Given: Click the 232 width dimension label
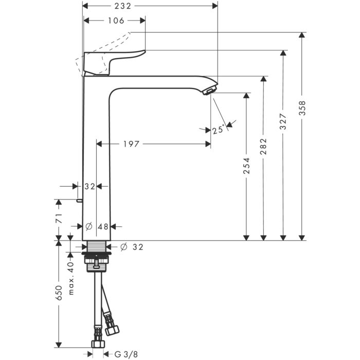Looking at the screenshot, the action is [x=123, y=6].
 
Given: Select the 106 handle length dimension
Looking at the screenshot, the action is [x=116, y=21].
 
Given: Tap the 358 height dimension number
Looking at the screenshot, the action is [x=302, y=108].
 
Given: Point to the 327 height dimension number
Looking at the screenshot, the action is [x=283, y=121].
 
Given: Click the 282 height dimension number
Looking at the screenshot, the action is [x=263, y=146].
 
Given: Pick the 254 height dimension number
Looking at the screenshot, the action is [x=246, y=165].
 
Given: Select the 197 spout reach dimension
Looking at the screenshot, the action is [x=131, y=144].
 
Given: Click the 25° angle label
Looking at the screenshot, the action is [x=219, y=130].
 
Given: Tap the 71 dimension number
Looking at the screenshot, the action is [x=59, y=218].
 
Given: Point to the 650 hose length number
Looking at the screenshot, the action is [x=59, y=293].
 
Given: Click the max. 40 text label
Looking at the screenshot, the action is [x=71, y=278].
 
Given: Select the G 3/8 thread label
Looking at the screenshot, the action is [x=126, y=354].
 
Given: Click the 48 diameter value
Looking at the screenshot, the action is [x=103, y=227].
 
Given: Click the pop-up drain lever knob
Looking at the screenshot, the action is [x=79, y=201].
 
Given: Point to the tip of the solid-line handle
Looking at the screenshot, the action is [x=145, y=51].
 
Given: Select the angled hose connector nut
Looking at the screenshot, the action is [x=112, y=330].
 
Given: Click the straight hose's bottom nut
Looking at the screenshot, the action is [x=98, y=344].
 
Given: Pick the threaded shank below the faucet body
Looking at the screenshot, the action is [x=97, y=246].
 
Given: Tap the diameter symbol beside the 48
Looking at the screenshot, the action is [x=89, y=227].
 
